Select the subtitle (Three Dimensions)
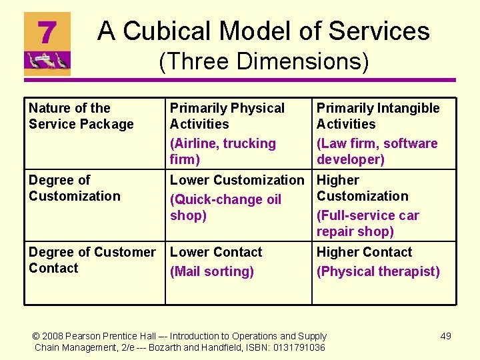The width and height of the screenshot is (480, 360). click(x=263, y=61)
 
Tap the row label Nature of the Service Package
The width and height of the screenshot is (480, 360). click(x=81, y=116)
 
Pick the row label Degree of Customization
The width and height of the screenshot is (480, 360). click(x=74, y=188)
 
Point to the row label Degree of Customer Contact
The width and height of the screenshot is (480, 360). click(x=91, y=260)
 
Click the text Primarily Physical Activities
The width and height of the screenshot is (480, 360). click(x=227, y=116)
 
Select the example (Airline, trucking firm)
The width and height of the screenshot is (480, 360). click(x=223, y=151)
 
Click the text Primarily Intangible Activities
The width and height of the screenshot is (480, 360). click(x=377, y=116)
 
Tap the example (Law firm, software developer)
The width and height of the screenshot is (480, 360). click(x=377, y=151)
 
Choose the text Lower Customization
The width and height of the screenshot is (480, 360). click(x=237, y=180)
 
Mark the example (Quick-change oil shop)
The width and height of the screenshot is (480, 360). click(x=225, y=207)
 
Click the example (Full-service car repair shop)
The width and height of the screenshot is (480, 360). click(x=367, y=223)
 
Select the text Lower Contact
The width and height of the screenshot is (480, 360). click(x=216, y=252)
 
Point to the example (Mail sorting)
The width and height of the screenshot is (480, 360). click(x=212, y=271)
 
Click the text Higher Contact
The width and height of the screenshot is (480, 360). click(x=364, y=252)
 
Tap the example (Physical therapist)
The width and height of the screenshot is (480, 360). click(x=378, y=271)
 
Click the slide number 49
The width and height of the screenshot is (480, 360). click(x=445, y=336)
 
